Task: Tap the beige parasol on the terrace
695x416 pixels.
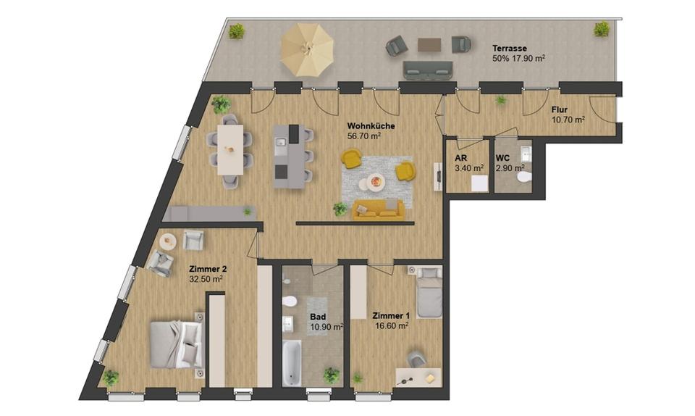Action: [308, 49]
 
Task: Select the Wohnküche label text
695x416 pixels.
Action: [370, 125]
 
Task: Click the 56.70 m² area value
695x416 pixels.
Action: [364, 136]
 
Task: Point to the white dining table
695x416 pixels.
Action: [232, 149]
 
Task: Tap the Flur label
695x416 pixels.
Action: [560, 110]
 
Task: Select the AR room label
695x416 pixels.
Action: [460, 159]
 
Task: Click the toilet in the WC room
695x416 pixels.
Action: [523, 178]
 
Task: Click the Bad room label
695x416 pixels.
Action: [318, 317]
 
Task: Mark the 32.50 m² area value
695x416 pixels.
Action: [205, 278]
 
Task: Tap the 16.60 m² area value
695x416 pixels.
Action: [392, 326]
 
